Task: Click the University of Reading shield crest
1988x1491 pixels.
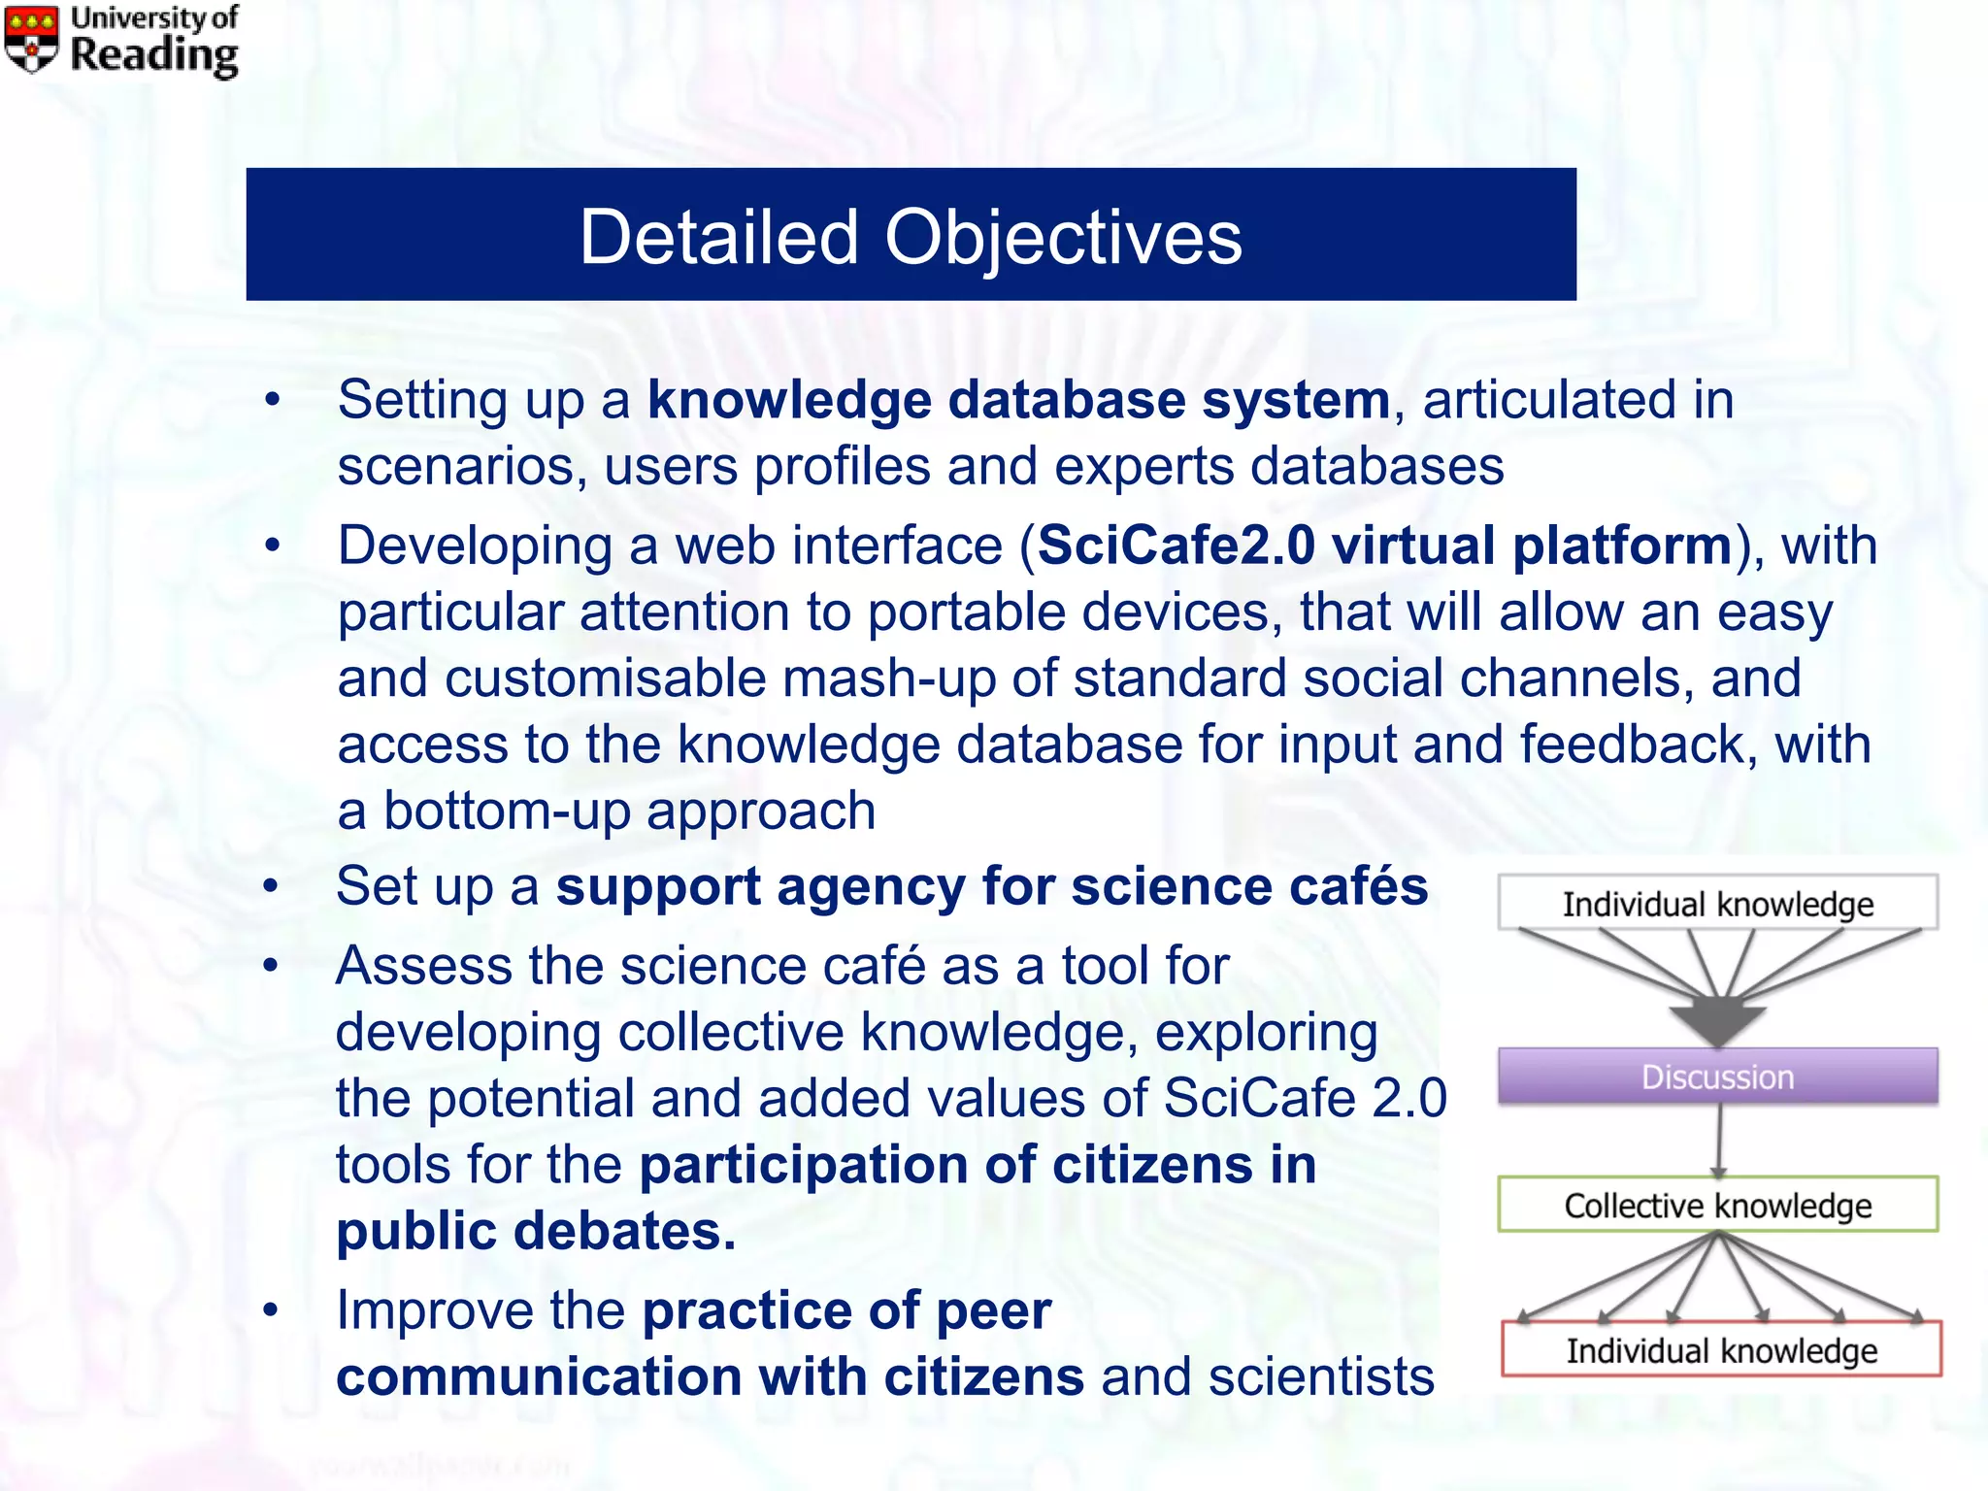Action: (x=31, y=39)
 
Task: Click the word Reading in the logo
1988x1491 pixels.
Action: (x=154, y=55)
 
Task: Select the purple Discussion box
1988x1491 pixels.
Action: (x=1717, y=1077)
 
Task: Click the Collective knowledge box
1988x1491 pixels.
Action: (x=1717, y=1205)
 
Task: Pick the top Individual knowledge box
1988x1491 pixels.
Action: (x=1717, y=904)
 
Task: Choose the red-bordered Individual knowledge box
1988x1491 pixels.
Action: (x=1721, y=1350)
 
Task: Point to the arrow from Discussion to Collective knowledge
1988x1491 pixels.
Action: (x=1719, y=1141)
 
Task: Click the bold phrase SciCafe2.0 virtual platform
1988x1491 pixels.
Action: (x=1385, y=546)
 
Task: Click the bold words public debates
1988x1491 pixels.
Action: (x=536, y=1231)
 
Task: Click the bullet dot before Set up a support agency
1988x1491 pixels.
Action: (x=271, y=886)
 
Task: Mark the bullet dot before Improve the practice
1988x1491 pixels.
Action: (x=271, y=1310)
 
